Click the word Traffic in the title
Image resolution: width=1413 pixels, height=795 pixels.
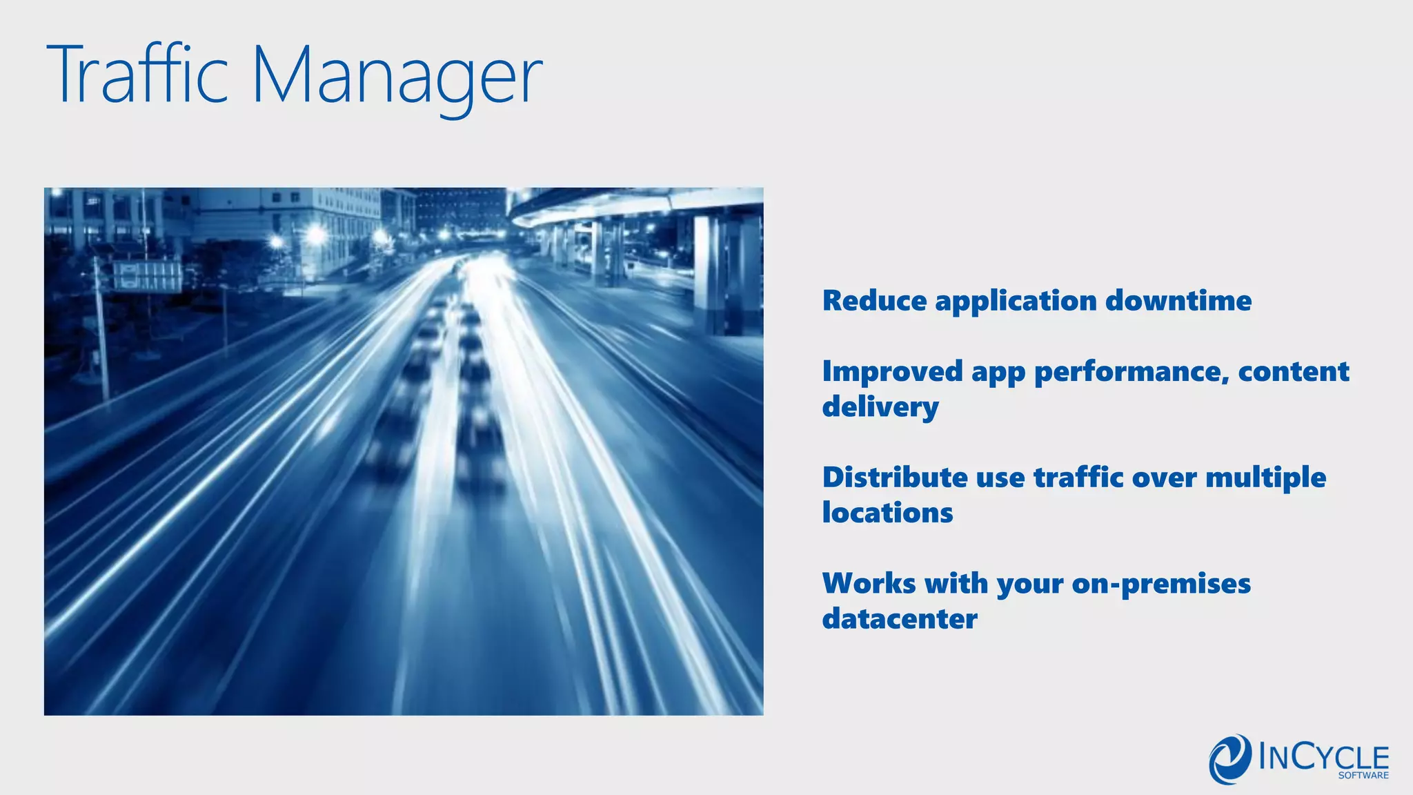137,75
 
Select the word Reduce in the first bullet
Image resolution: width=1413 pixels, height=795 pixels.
874,301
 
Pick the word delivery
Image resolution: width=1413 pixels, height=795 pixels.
880,407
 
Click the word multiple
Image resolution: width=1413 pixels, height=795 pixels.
1265,478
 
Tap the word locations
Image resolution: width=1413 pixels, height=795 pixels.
887,513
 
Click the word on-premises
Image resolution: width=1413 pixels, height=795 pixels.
1160,584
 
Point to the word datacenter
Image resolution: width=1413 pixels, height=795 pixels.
899,619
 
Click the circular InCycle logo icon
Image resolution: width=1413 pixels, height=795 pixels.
1229,759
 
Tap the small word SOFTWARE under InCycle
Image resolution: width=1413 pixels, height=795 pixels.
1363,776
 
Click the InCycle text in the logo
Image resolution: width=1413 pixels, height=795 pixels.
1323,757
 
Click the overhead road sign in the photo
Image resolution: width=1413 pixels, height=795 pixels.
147,276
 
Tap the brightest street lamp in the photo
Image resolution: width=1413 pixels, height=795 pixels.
316,235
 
